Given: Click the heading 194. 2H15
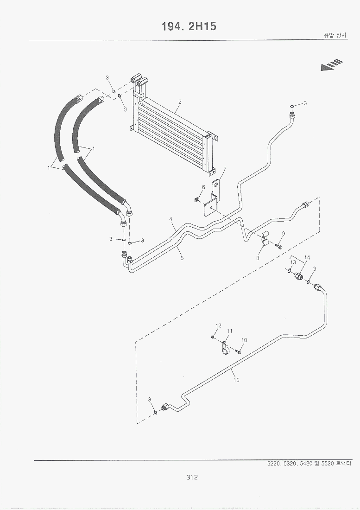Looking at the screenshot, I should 189,26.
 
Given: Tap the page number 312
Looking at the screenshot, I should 191,477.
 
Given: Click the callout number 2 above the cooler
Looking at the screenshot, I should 179,102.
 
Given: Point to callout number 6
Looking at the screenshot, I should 203,187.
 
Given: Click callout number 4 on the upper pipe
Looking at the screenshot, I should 171,219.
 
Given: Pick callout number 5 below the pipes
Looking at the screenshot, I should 182,258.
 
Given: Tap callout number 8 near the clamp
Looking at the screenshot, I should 258,258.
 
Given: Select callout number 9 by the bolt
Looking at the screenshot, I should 284,233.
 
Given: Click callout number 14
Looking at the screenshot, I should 307,257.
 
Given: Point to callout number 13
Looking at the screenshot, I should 293,262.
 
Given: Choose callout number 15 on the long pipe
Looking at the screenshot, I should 236,381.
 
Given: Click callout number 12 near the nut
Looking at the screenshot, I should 219,325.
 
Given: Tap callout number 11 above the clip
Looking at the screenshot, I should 229,331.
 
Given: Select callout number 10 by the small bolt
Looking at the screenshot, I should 244,340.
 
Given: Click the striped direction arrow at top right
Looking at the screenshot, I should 331,65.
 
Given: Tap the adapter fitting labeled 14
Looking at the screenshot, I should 299,276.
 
